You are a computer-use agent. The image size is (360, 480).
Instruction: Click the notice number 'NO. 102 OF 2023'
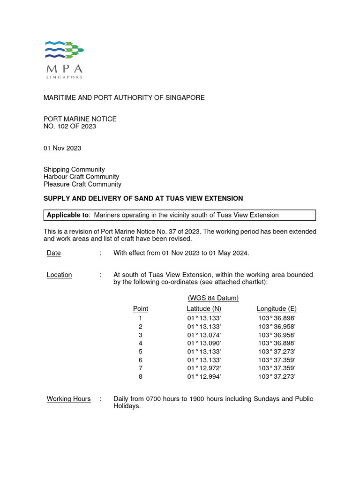coord(70,127)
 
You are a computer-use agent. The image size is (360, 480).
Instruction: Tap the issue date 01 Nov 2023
coord(62,148)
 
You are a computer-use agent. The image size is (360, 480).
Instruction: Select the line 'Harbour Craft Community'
coord(81,177)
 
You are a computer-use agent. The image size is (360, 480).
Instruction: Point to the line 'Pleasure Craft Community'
coord(82,184)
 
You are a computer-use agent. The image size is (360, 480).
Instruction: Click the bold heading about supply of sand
coord(143,199)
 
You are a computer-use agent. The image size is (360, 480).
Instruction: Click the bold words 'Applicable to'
coord(67,215)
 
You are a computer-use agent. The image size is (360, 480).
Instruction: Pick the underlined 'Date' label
coord(54,253)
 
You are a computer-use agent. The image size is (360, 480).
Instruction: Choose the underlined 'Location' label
coord(60,275)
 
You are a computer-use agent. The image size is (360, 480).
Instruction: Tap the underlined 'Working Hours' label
coord(69,399)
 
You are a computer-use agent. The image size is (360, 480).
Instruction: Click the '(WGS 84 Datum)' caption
coord(213,298)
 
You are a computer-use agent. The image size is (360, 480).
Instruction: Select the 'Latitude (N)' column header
coord(204,308)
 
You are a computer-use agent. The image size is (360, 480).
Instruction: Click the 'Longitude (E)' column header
coord(277,308)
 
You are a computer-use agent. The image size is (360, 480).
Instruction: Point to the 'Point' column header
coord(141,308)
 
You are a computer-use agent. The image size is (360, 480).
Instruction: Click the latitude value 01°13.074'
coord(204,335)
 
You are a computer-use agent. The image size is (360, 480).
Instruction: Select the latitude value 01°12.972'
coord(204,368)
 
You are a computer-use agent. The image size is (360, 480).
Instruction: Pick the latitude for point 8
coord(204,377)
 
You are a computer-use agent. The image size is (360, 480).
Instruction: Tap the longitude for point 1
coord(277,318)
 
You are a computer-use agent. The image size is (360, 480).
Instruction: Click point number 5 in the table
coord(140,352)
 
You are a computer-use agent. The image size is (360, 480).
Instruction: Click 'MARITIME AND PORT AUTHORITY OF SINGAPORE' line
coord(124,97)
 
